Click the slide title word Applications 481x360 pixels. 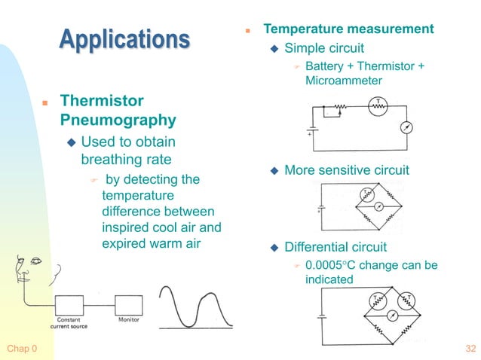(x=124, y=38)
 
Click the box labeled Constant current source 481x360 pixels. (x=70, y=306)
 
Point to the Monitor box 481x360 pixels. (x=128, y=305)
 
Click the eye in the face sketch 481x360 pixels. (x=36, y=261)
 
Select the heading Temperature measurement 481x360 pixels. (x=348, y=29)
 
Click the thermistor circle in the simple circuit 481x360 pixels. (x=378, y=108)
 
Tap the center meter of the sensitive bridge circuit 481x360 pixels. (x=380, y=205)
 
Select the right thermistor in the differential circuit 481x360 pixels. (x=407, y=301)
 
